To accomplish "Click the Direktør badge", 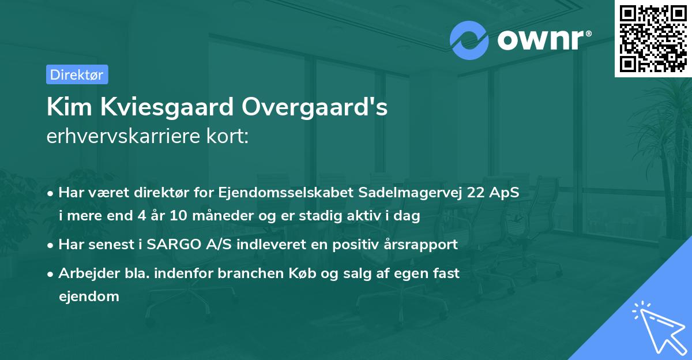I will [x=77, y=74].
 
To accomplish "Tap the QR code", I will [x=653, y=39].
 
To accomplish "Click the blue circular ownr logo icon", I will [x=469, y=40].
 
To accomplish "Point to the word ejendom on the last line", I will [x=89, y=297].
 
